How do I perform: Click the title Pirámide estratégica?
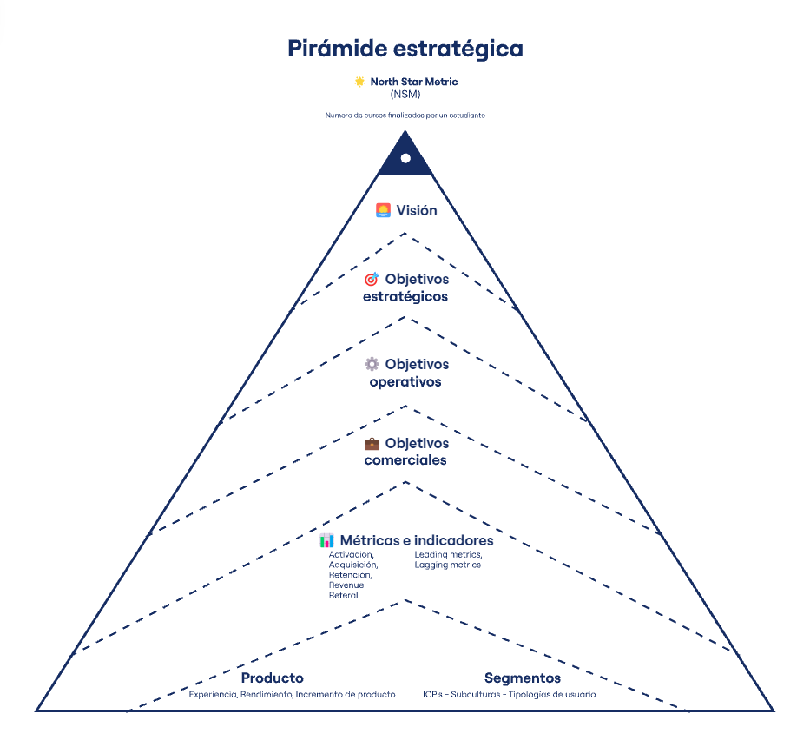click(405, 48)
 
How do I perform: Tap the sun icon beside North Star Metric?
click(359, 82)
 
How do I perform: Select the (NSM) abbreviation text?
click(405, 94)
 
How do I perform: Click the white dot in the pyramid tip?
click(405, 158)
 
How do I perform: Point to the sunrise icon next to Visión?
click(383, 210)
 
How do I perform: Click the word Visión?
click(417, 210)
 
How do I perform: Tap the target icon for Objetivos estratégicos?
click(372, 280)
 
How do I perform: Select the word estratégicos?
click(405, 296)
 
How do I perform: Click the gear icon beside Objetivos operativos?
click(372, 364)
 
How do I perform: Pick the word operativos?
click(405, 381)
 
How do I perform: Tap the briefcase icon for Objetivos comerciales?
click(372, 443)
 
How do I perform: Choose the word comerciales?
click(405, 459)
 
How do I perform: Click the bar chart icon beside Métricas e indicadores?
click(327, 540)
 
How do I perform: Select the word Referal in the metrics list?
click(344, 595)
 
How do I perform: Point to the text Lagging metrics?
click(447, 565)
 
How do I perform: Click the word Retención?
click(350, 575)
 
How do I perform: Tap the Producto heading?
click(272, 678)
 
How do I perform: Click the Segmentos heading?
click(523, 678)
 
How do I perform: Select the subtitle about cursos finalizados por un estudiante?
click(405, 115)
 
